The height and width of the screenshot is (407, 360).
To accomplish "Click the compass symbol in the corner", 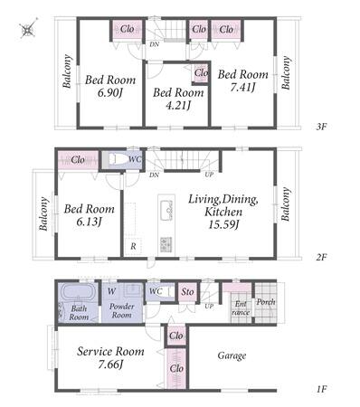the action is (x=28, y=29).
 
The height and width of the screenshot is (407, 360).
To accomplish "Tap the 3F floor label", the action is (x=321, y=127).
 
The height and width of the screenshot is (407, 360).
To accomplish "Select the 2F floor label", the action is (x=321, y=258).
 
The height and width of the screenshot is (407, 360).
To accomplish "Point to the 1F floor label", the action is (x=322, y=389).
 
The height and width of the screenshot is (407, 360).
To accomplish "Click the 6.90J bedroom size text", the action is (x=109, y=92).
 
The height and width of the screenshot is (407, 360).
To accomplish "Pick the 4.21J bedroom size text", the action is (x=178, y=105).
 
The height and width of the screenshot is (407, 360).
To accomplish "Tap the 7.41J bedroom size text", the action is (x=243, y=88).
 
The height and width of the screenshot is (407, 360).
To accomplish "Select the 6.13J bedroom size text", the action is (x=89, y=222).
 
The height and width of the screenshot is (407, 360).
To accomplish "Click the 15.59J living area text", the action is (x=223, y=224).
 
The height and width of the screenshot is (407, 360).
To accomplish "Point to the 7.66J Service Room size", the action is (x=110, y=364).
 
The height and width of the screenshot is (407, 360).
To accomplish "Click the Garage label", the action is (x=232, y=356).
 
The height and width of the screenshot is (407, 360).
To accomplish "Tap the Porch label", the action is (x=266, y=301).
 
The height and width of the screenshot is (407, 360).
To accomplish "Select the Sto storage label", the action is (x=187, y=291).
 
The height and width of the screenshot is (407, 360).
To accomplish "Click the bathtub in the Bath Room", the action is (x=79, y=292).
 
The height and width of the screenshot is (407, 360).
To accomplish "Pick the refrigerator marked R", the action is (x=133, y=246).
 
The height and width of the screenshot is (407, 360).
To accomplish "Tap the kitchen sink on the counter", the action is (x=166, y=210).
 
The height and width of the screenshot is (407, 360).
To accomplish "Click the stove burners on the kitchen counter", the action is (x=166, y=244).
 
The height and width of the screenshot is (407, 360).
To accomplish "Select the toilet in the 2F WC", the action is (x=117, y=159).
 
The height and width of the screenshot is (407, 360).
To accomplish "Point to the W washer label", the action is (x=111, y=291).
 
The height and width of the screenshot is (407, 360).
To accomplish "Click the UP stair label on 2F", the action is (x=209, y=175).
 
